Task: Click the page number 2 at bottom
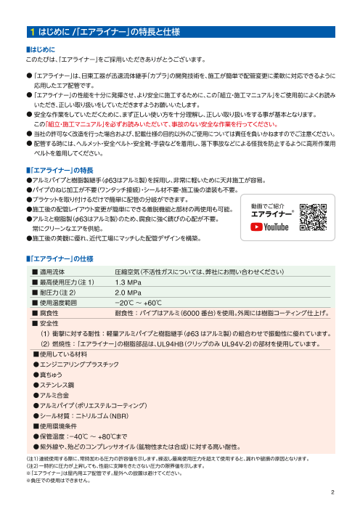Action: (x=331, y=490)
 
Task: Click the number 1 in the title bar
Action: (x=33, y=32)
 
